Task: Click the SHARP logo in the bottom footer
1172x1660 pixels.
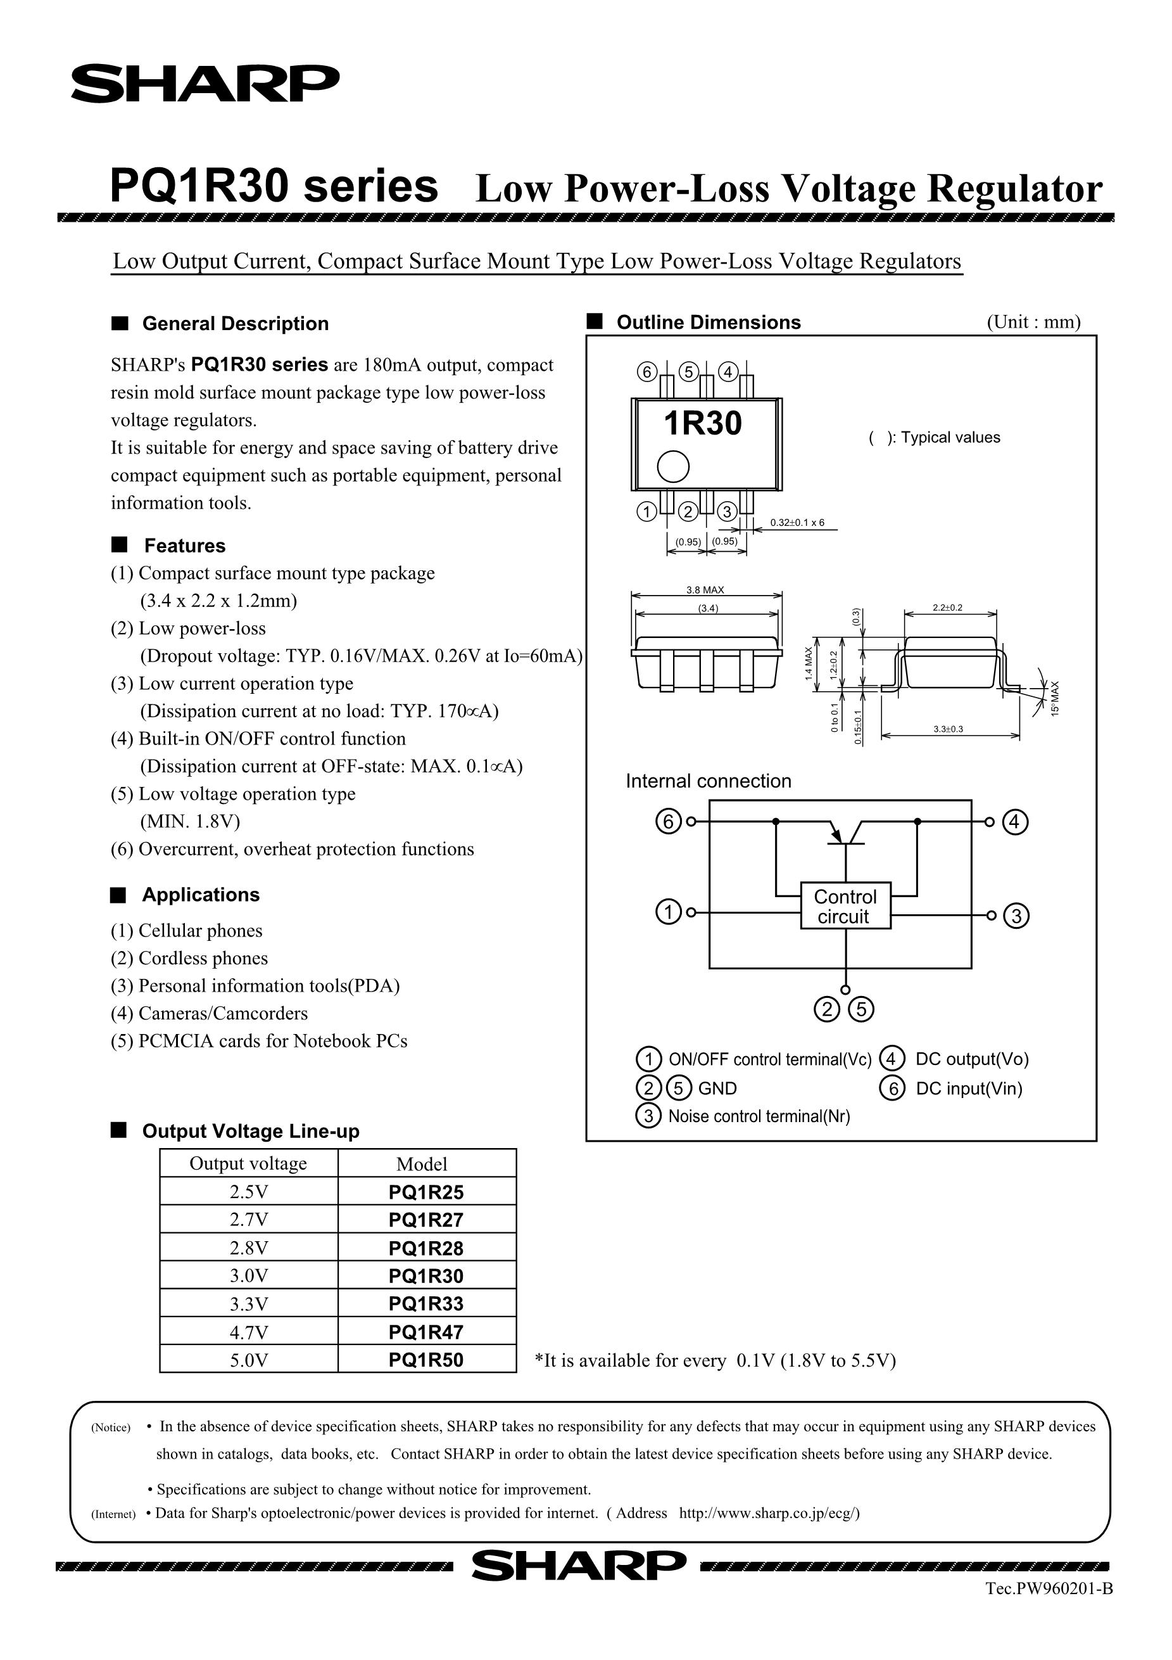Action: pos(578,1566)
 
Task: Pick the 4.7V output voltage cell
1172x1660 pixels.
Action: pos(249,1332)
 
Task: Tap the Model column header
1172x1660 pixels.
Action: pos(422,1164)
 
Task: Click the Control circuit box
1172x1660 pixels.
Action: pos(845,906)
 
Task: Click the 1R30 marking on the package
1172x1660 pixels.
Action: pos(702,424)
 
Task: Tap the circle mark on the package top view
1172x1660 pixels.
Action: pos(672,466)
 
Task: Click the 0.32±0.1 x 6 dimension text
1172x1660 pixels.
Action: pos(797,523)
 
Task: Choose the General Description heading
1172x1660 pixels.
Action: pos(235,323)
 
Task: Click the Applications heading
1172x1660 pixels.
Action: pos(200,895)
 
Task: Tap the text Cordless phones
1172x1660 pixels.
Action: pos(203,958)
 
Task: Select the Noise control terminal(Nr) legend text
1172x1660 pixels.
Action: pos(759,1116)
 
